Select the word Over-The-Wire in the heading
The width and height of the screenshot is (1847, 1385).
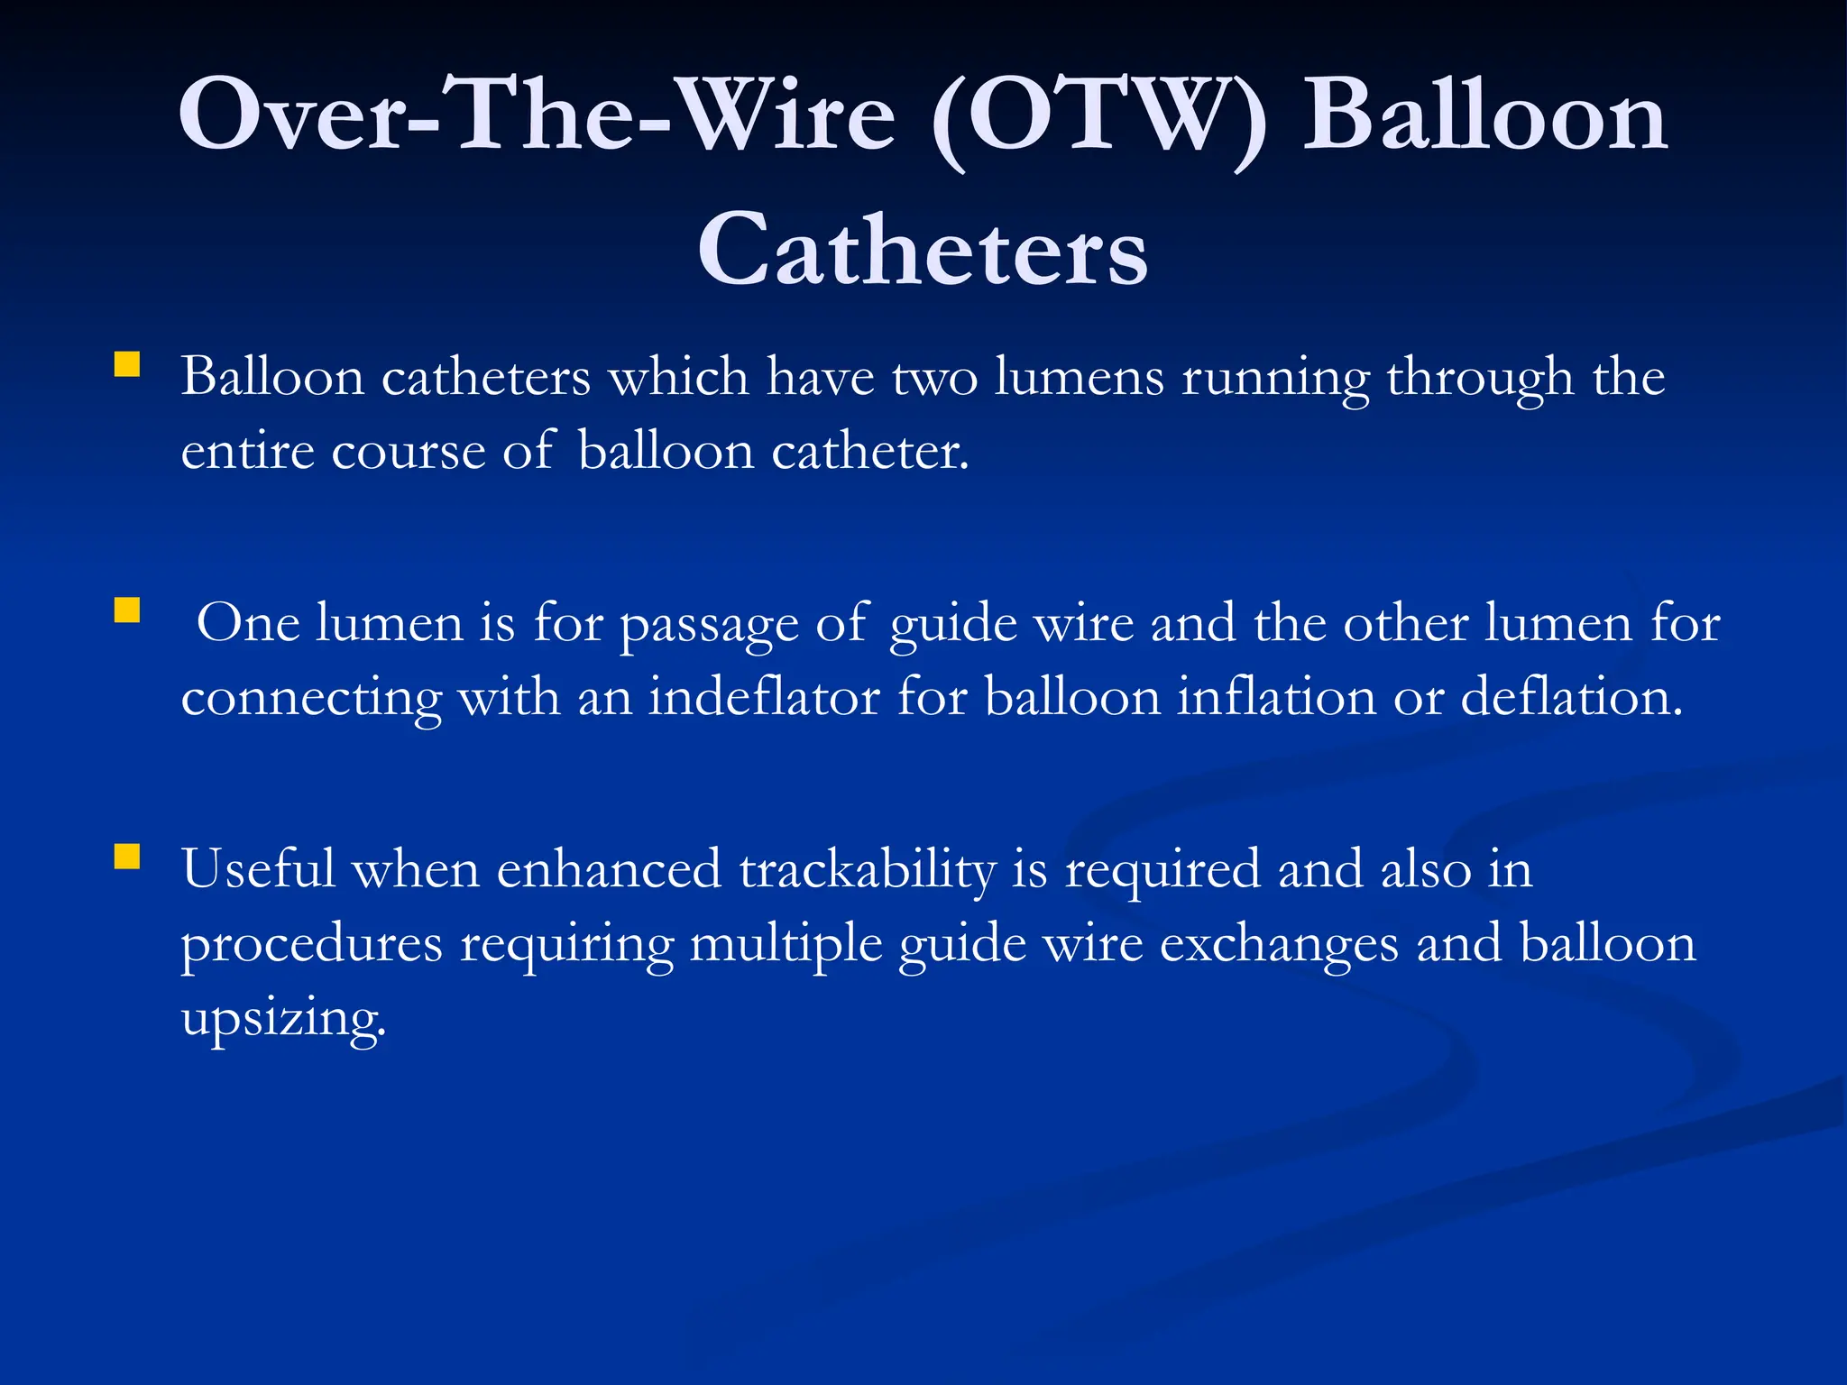click(538, 115)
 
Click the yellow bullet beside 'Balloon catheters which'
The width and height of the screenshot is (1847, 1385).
click(127, 364)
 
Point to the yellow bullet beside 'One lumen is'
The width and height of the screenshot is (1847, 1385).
click(127, 611)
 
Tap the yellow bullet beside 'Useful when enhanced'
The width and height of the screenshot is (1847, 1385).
click(127, 857)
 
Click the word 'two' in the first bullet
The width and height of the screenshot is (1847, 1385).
click(934, 377)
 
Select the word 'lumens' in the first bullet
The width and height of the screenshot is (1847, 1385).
click(1079, 377)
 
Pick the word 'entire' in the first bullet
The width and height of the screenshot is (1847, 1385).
click(247, 451)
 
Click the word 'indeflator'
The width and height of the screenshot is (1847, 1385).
click(764, 697)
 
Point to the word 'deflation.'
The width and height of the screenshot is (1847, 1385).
click(1571, 697)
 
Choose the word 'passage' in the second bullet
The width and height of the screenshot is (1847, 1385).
click(709, 625)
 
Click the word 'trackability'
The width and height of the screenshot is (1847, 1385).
click(867, 870)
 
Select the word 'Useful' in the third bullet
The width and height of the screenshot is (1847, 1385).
click(258, 869)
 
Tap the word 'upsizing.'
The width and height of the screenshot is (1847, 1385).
click(283, 1020)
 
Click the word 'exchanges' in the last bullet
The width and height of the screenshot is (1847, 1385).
click(1279, 945)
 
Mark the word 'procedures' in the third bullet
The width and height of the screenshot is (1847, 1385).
click(312, 945)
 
